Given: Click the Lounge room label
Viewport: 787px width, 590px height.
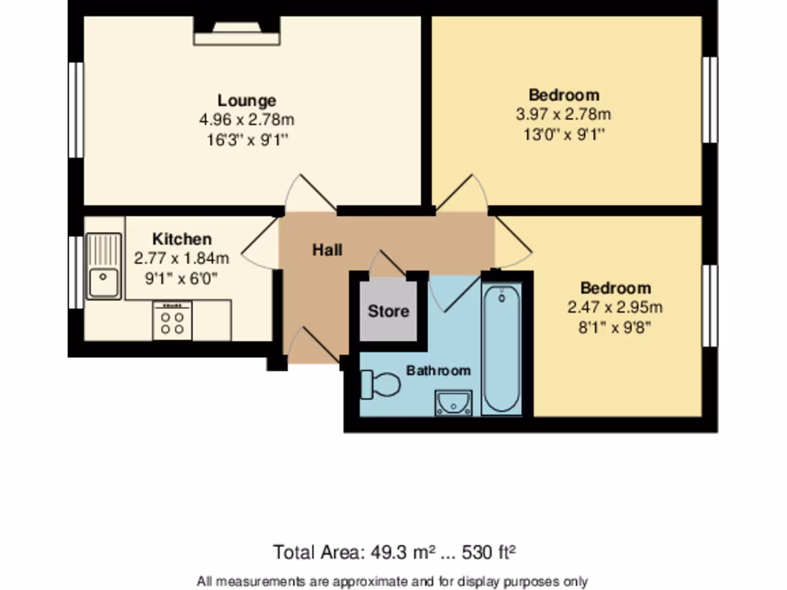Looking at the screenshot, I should point(247,101).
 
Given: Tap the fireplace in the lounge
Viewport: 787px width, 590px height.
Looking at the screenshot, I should point(237,31).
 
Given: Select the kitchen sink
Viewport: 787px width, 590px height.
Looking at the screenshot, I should point(103,267).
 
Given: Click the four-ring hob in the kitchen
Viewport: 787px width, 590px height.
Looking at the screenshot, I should point(172,320).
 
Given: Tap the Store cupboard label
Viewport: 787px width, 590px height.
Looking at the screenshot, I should point(388,312).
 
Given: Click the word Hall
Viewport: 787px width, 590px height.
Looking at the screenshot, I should point(327,250).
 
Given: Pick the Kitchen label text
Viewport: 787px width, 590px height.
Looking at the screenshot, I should point(181,239).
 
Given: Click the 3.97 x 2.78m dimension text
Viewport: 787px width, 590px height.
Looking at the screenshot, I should point(563,115).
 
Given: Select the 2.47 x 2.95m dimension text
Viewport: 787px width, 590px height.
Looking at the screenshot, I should point(615,308).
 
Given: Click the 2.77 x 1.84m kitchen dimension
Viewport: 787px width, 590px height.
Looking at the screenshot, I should point(181,258).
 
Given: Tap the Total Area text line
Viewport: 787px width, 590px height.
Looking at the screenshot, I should point(393,552).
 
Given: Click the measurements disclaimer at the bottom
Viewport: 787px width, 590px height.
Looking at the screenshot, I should point(393,581).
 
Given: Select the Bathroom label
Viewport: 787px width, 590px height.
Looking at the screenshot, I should point(438,370).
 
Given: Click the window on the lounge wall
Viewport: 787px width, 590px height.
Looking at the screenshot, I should point(75,110).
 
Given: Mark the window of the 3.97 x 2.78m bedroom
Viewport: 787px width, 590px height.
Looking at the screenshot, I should point(711,99).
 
